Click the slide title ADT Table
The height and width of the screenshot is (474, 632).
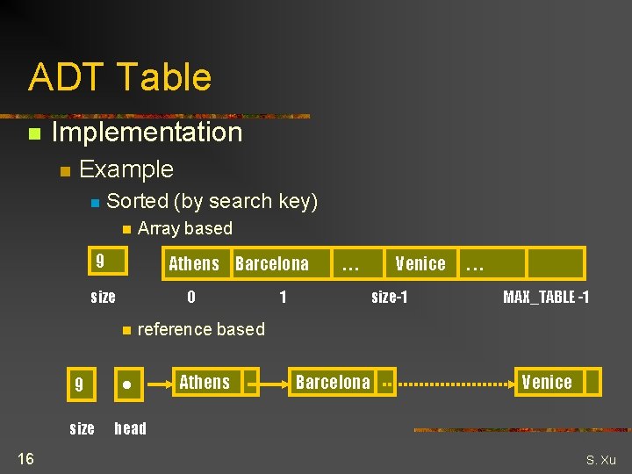119,77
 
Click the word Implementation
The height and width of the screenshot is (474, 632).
147,133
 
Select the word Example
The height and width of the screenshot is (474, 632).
126,169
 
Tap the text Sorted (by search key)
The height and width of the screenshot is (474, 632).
212,201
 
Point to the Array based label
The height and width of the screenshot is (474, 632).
185,229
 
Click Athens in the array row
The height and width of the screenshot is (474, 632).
194,263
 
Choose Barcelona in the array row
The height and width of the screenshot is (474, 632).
272,263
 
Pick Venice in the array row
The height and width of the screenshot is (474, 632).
420,263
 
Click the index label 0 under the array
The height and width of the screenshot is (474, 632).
191,297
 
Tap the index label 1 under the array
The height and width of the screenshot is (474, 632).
283,297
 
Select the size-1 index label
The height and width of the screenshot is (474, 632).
389,297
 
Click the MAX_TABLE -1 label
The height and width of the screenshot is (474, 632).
545,297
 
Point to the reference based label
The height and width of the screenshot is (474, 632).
201,330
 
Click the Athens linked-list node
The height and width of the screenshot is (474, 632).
205,382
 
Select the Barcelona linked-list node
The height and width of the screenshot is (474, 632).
333,382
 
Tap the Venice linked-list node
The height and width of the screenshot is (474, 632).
547,382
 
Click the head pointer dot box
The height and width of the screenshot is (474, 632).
128,384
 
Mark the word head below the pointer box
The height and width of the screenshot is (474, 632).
130,428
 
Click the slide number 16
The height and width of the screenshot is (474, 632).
25,458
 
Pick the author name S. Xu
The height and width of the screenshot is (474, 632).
601,460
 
